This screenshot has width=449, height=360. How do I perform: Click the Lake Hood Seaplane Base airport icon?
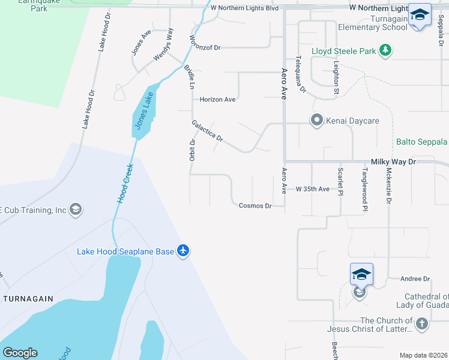click(x=183, y=251)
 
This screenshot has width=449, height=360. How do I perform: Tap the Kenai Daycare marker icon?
click(x=316, y=121)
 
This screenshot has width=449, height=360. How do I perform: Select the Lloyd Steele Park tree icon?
click(x=385, y=51)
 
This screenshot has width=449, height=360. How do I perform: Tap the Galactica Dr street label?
click(x=207, y=131)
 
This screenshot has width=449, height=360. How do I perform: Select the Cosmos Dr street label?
click(x=255, y=206)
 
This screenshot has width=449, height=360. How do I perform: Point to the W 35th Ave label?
click(x=313, y=189)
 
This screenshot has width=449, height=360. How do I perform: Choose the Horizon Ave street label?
click(x=217, y=100)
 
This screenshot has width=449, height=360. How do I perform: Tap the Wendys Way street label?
click(x=163, y=44)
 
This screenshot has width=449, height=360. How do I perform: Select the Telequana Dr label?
click(x=301, y=74)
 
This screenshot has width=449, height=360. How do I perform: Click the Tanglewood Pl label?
click(x=364, y=190)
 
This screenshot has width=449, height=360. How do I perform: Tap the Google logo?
click(x=20, y=353)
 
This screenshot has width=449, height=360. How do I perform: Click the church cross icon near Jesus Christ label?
click(x=422, y=325)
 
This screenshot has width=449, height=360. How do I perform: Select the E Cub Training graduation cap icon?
click(x=76, y=209)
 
